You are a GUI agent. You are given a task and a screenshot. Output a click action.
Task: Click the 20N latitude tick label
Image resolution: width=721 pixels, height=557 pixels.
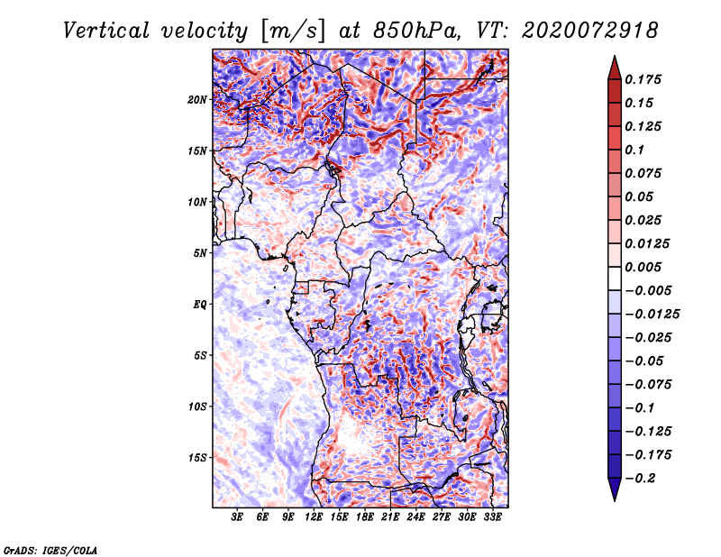[197, 100]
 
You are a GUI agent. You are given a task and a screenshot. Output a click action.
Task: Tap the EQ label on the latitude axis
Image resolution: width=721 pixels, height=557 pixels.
[200, 305]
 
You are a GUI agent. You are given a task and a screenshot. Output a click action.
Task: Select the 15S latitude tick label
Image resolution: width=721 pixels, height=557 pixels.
[197, 458]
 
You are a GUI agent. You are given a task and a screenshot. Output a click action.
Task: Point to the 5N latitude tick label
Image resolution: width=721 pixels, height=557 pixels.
[200, 253]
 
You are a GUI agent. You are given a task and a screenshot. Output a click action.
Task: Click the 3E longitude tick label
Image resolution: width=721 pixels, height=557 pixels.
[237, 517]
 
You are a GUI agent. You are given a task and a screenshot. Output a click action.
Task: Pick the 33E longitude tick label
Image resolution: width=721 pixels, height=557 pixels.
[492, 517]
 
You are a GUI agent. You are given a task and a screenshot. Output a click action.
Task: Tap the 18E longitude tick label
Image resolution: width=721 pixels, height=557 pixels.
[365, 517]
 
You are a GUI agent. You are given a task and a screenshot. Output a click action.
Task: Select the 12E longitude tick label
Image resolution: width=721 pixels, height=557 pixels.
[314, 517]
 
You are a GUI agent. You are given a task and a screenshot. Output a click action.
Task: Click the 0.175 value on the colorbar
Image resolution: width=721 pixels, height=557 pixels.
[643, 79]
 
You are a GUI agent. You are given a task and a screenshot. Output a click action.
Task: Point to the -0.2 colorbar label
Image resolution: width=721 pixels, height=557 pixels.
[640, 479]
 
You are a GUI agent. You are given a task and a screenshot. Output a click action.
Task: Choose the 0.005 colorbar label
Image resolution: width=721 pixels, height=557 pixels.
[643, 267]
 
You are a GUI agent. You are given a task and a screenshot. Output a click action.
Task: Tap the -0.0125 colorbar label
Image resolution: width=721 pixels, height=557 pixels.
[652, 315]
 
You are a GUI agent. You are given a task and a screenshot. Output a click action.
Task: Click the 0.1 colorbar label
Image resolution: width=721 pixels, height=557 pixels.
[634, 150]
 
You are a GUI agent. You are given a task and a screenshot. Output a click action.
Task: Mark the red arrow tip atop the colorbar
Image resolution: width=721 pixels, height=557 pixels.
[615, 57]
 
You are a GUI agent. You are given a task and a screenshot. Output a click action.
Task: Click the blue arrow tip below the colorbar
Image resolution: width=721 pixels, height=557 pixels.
[615, 500]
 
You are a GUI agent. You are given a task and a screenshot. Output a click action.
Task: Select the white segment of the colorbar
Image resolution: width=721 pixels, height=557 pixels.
[615, 278]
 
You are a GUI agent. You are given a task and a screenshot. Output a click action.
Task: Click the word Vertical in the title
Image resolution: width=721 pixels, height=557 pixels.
[106, 31]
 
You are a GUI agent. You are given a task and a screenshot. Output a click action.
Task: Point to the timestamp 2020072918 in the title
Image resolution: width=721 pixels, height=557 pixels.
[590, 31]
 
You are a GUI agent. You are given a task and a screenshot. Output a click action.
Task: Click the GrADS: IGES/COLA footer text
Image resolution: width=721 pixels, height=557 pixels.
[50, 551]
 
